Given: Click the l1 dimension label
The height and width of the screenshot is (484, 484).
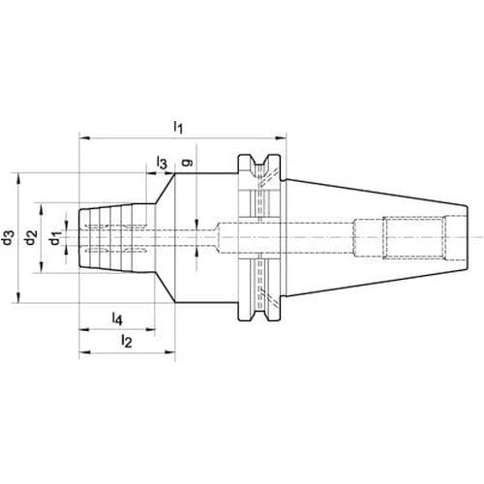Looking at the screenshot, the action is point(178,127).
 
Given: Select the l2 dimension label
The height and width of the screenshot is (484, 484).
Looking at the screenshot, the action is point(126,341).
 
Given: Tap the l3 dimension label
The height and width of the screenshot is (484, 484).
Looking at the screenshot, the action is point(162,162).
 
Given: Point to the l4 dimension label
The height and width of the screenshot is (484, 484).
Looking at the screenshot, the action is point(117,318).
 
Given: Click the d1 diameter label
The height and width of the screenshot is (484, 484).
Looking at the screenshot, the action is point(55,238).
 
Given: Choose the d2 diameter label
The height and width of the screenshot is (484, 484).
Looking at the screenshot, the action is point(31,237).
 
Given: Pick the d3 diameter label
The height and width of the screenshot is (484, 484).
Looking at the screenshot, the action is point(8,237).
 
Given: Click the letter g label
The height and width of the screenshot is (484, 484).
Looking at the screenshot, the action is point(187,163).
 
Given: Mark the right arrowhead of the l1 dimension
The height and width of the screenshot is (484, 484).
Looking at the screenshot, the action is point(281,138).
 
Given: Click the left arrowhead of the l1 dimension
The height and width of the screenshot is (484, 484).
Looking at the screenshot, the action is point(84,138).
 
